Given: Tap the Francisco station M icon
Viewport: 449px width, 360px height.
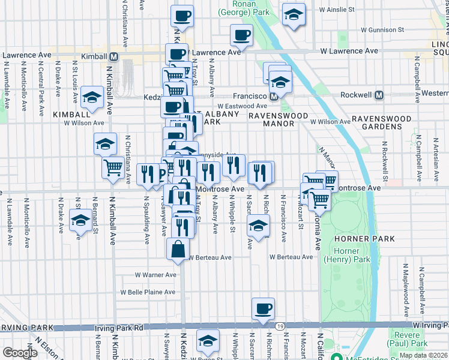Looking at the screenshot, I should point(273,96).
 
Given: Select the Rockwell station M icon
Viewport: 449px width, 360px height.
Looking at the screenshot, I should point(379,95).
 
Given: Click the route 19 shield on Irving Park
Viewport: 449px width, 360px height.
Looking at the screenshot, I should point(280,326).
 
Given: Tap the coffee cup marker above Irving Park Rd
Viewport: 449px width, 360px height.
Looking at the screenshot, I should point(263,308).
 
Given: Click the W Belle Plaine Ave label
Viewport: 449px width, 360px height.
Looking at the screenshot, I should point(147,292).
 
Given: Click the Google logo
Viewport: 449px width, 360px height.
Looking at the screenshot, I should point(20,353).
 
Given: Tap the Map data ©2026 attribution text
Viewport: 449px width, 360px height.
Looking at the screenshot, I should point(423,355).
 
